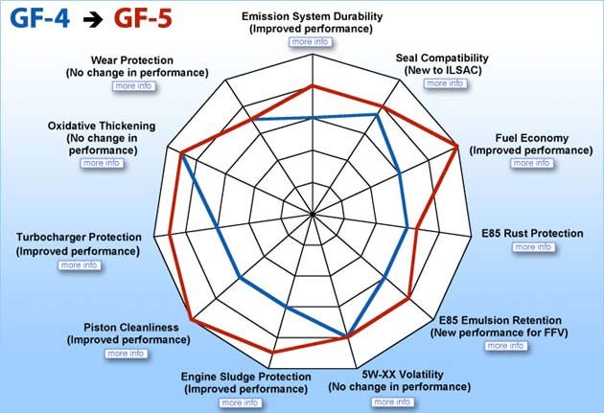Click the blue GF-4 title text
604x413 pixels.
point(40,18)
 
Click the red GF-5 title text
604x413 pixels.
point(143,18)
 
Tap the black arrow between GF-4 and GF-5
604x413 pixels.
point(93,20)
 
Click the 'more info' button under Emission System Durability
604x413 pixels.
point(310,41)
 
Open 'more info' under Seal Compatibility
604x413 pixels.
point(445,83)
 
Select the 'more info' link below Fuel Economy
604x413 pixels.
point(531,163)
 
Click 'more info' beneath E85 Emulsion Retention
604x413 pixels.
point(505,346)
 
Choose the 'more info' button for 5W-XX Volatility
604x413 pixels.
point(392,402)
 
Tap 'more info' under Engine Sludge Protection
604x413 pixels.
point(241,403)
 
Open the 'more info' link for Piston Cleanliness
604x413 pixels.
point(126,354)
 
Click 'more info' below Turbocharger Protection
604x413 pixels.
point(80,265)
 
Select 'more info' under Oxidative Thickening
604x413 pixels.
point(102,163)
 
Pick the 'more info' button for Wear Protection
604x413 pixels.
point(133,86)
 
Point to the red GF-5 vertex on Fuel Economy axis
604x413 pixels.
point(457,147)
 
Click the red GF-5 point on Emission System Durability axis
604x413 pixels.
point(313,86)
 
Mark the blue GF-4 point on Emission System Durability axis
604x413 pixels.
point(313,118)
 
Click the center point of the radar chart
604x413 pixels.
point(313,214)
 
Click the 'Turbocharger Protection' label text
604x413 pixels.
point(79,237)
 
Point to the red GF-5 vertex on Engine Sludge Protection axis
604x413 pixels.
point(272,352)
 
